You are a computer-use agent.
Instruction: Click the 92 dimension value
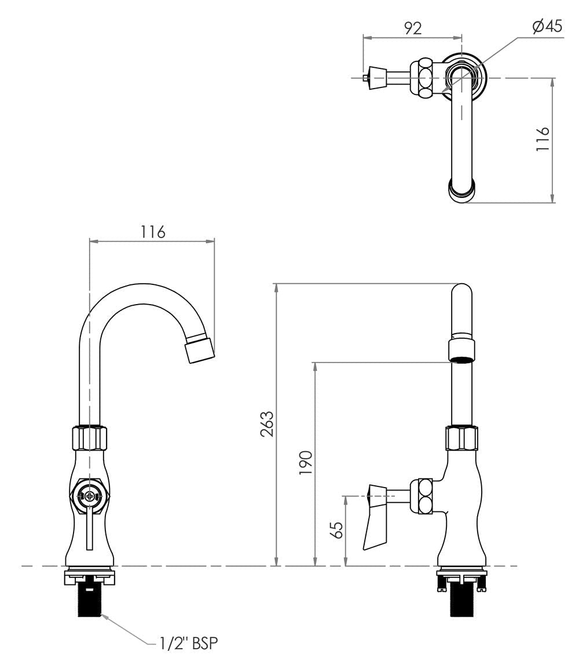click(412, 28)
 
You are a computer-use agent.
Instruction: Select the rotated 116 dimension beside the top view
click(542, 139)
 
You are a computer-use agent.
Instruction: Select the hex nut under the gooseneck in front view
click(89, 438)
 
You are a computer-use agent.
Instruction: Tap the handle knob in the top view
click(377, 77)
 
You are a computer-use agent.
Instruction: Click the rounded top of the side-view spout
click(461, 292)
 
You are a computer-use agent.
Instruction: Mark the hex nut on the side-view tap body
click(461, 439)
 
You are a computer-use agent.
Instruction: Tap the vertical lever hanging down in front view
click(89, 530)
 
